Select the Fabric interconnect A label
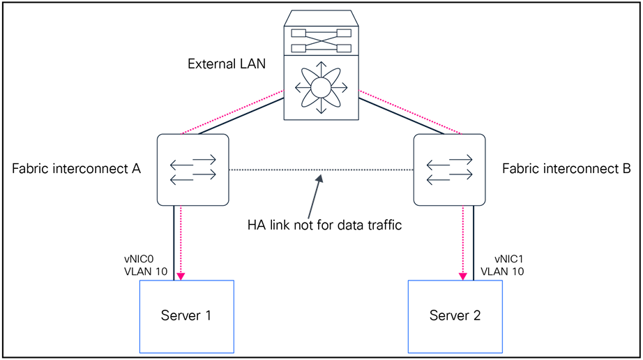pyautogui.click(x=77, y=169)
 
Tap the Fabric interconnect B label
pyautogui.click(x=566, y=169)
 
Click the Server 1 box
pyautogui.click(x=187, y=316)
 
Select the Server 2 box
pyautogui.click(x=455, y=316)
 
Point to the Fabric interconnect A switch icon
pyautogui.click(x=193, y=170)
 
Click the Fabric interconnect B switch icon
pyautogui.click(x=449, y=170)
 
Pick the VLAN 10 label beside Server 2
pyautogui.click(x=502, y=272)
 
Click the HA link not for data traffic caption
pyautogui.click(x=324, y=225)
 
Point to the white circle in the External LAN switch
pyautogui.click(x=321, y=88)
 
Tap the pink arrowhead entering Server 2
pyautogui.click(x=463, y=276)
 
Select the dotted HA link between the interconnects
pyautogui.click(x=279, y=170)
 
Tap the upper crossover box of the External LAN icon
pyautogui.click(x=321, y=33)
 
